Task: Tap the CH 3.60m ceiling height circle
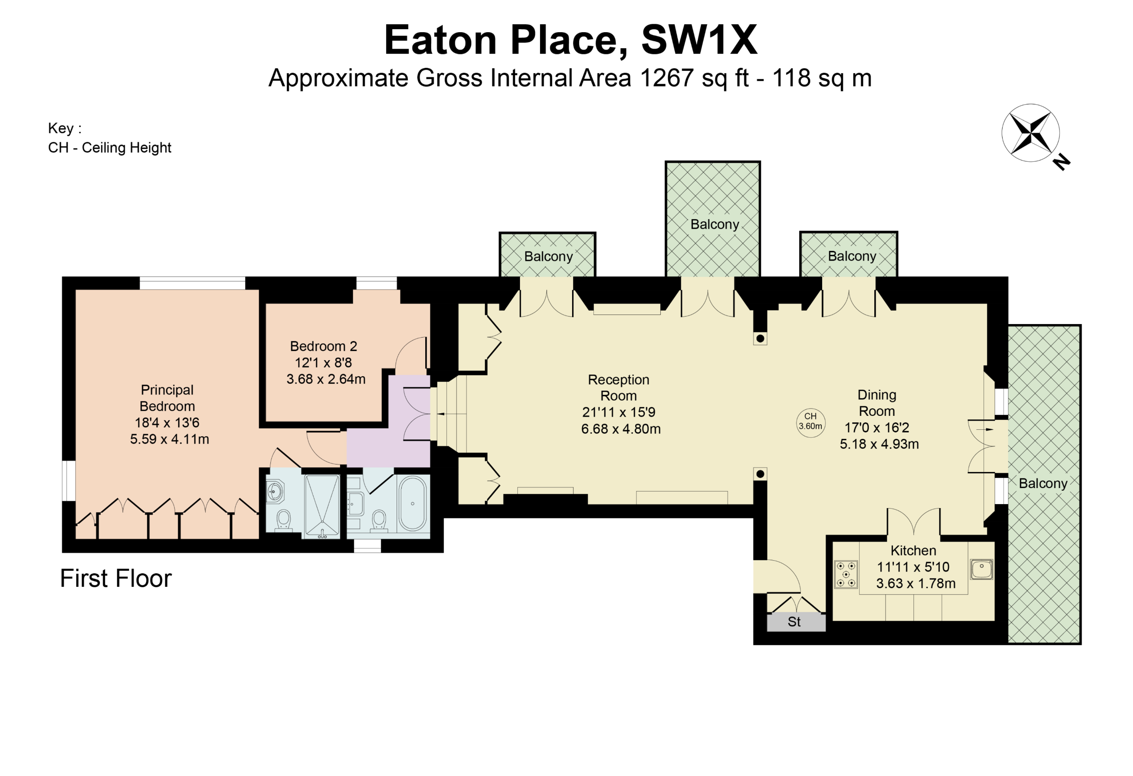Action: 810,422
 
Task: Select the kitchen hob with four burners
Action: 846,574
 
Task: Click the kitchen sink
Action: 981,569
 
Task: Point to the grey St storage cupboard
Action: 796,622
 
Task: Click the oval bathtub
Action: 413,503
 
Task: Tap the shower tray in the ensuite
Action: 322,506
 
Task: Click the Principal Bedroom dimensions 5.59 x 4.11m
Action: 170,439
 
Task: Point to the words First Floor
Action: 116,579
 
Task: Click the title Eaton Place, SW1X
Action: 571,40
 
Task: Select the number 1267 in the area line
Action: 666,78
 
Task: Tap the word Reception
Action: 619,380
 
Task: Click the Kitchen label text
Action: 913,551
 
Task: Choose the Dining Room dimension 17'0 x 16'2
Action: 876,428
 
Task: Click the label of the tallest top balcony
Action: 715,224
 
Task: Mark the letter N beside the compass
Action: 1061,161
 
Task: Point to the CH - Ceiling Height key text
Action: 110,148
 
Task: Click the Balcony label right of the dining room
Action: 1043,483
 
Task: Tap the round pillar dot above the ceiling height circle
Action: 760,338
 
